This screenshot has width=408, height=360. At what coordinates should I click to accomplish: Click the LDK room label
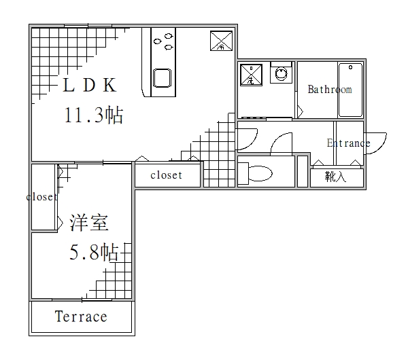90,86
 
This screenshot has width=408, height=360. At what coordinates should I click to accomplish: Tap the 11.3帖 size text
93,115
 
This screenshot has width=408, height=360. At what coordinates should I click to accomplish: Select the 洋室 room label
89,223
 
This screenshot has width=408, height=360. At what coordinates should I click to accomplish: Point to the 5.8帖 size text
94,253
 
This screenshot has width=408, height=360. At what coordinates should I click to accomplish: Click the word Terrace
81,317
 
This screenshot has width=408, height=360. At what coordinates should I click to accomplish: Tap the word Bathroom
330,90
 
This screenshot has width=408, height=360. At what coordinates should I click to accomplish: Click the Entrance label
348,143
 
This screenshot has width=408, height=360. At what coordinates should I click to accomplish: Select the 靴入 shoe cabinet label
336,177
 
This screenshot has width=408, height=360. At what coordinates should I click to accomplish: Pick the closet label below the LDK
166,175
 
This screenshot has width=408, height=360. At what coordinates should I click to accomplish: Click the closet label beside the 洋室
41,197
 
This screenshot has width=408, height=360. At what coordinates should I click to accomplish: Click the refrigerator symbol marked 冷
220,41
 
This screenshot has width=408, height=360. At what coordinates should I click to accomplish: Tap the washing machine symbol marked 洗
250,75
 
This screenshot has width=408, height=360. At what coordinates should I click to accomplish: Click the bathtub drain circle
351,67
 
